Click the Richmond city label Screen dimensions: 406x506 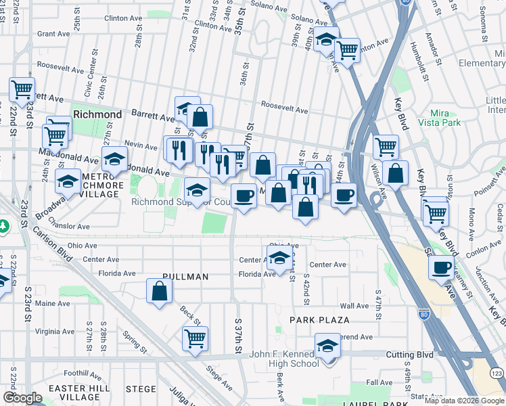(97, 114)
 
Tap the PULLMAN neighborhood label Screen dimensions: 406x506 (185, 277)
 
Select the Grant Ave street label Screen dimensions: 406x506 (54, 33)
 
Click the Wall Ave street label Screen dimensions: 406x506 (354, 306)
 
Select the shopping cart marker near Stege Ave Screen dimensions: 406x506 (195, 338)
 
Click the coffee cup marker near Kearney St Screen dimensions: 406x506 (442, 268)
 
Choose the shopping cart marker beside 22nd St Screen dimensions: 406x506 (22, 89)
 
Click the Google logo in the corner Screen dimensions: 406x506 (22, 398)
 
